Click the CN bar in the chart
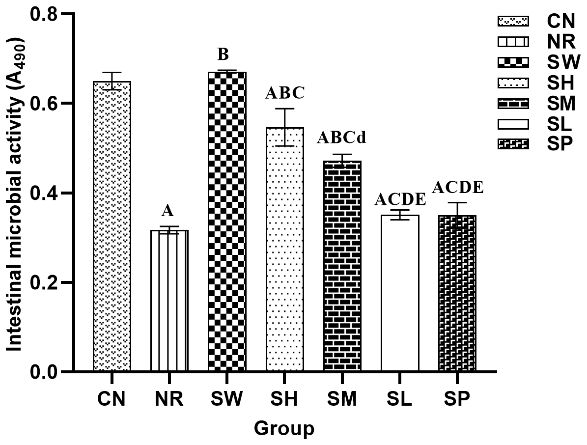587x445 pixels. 112,226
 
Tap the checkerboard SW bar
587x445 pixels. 227,221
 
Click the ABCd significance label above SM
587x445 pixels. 341,138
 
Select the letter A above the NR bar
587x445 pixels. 168,211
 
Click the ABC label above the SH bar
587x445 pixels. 285,92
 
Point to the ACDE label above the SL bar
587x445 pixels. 399,199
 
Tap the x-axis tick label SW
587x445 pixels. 227,399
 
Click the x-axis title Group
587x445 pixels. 284,428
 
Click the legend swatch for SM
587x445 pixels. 513,103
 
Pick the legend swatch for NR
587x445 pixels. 513,42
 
